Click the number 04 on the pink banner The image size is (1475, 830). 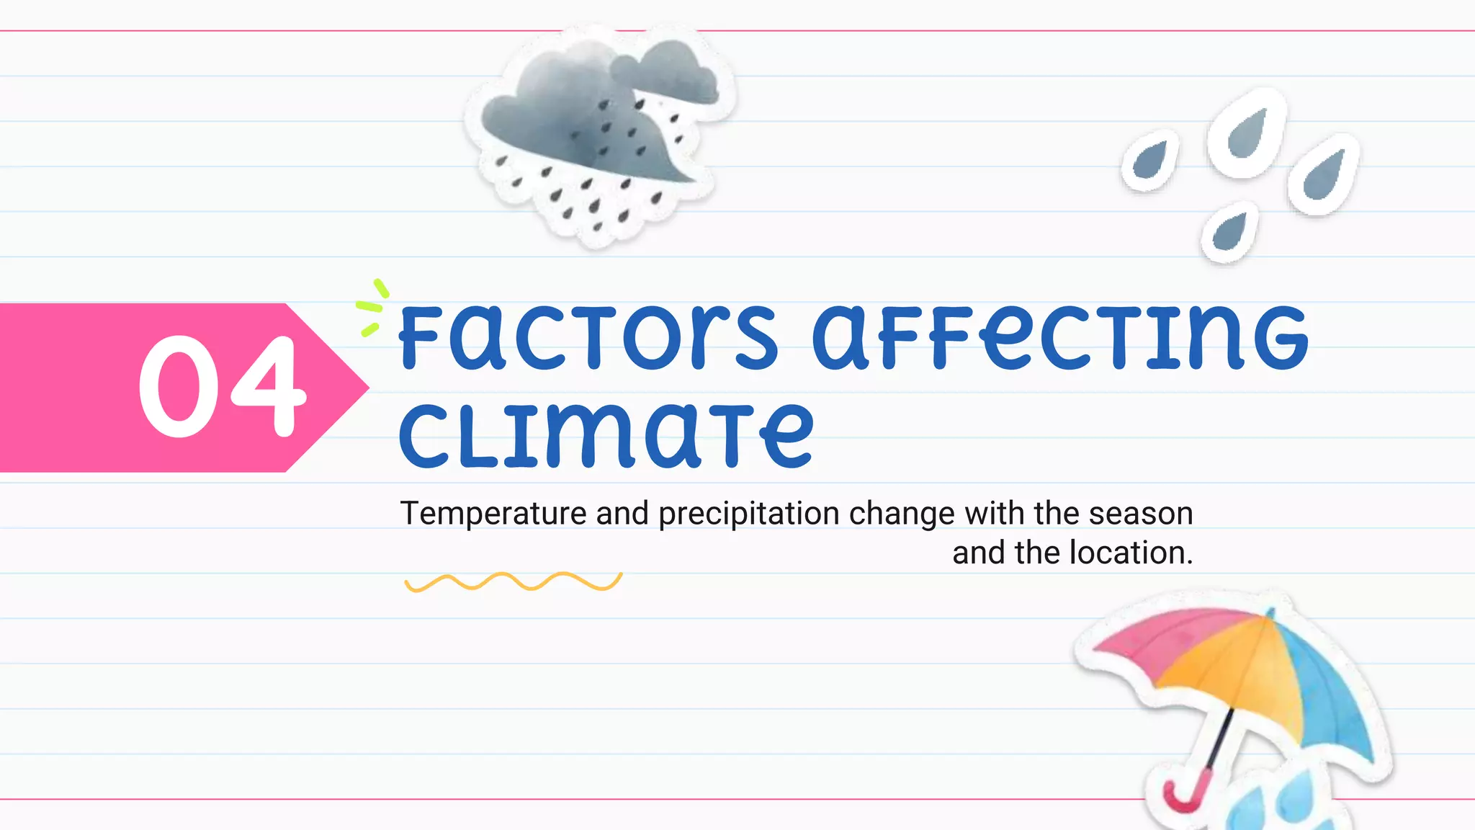pos(222,387)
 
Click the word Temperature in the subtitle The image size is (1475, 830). pos(493,514)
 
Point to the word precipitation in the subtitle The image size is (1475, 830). pos(749,514)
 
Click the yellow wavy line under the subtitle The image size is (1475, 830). pos(513,581)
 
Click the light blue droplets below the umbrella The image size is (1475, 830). pos(1282,800)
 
